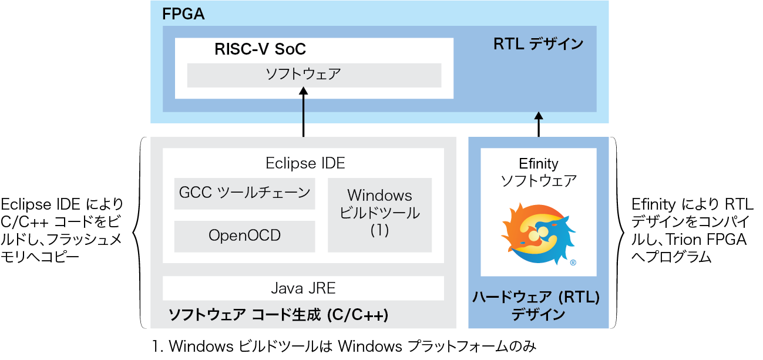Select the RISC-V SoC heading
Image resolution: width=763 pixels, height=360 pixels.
click(260, 49)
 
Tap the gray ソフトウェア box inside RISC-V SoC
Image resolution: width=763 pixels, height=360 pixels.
click(314, 75)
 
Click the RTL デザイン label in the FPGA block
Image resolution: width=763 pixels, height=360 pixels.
click(538, 44)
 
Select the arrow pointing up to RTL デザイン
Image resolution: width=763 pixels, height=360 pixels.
click(538, 123)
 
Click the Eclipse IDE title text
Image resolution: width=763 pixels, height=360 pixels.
click(305, 163)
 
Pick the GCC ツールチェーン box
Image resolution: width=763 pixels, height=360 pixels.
click(244, 193)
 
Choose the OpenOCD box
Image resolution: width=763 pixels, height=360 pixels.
click(244, 236)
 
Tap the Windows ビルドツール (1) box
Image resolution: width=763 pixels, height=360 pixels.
click(379, 214)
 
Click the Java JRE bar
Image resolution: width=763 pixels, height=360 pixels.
click(303, 288)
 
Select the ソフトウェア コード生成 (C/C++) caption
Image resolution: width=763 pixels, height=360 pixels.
click(278, 315)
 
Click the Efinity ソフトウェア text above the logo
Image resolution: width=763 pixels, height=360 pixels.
click(538, 172)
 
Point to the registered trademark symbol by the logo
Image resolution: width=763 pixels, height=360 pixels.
click(573, 263)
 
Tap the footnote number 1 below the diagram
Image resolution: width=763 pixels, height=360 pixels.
click(156, 347)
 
